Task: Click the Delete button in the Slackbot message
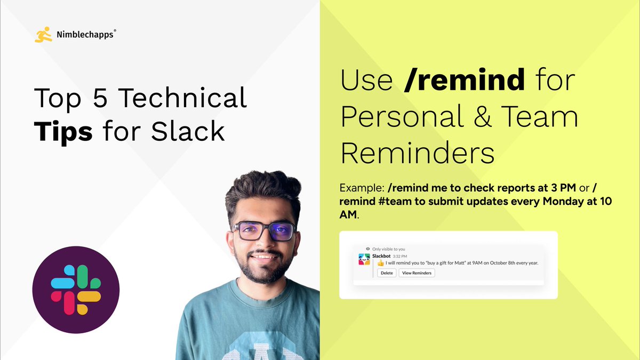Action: [387, 273]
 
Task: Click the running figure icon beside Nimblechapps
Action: [43, 35]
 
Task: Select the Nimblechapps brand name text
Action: [84, 35]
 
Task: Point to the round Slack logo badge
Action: [76, 290]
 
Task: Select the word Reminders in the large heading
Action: [418, 153]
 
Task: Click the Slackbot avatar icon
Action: [365, 260]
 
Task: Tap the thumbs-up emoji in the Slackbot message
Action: [381, 264]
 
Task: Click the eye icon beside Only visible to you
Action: [367, 249]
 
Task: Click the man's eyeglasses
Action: [263, 230]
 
